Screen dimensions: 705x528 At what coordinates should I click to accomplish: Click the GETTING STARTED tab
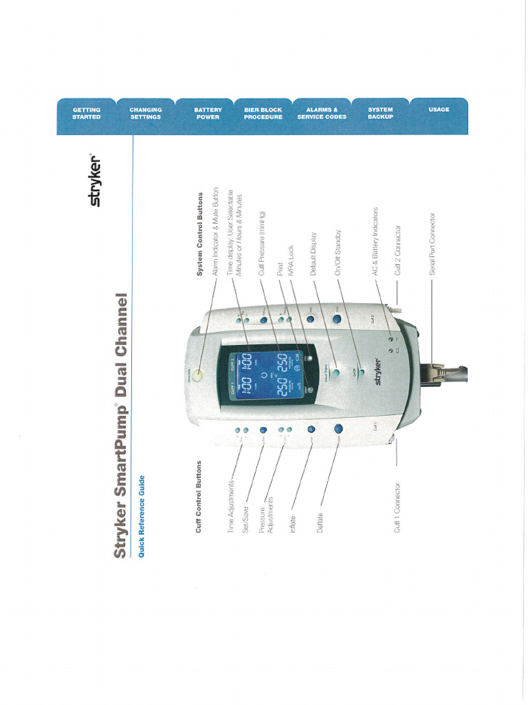87,113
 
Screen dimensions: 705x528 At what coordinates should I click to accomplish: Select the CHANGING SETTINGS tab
145,113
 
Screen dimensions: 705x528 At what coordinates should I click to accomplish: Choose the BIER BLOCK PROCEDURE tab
263,113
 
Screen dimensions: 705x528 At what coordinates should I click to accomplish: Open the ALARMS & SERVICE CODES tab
322,113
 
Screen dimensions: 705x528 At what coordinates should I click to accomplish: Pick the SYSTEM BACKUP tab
380,113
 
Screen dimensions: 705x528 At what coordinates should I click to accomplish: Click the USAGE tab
439,109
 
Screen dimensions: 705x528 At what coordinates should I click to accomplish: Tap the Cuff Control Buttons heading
199,496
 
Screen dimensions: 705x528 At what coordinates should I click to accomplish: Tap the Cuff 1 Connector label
397,509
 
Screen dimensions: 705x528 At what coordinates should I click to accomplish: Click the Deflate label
320,523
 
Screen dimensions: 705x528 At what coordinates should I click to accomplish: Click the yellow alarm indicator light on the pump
197,375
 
